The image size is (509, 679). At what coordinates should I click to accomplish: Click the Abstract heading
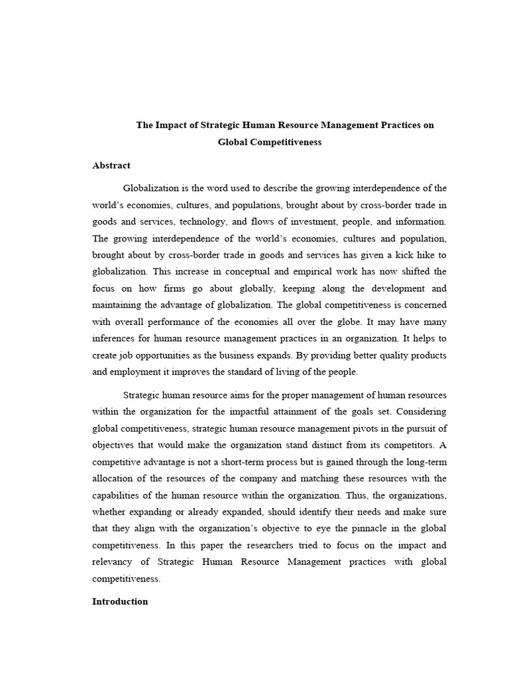coord(111,165)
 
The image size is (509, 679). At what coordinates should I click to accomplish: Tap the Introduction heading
coord(120,601)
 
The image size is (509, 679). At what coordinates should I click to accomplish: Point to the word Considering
coord(422,412)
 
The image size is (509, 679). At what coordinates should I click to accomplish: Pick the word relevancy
coord(112,562)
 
